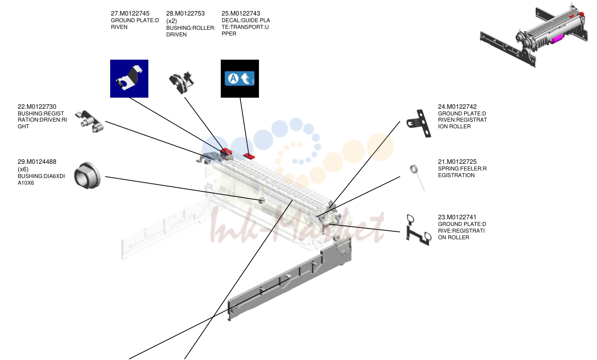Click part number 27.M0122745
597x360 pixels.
pyautogui.click(x=130, y=13)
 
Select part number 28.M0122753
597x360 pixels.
pyautogui.click(x=186, y=13)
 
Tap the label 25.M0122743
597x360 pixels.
pyautogui.click(x=241, y=13)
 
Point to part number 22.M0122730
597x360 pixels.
pyautogui.click(x=37, y=107)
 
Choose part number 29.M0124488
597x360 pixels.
pyautogui.click(x=37, y=162)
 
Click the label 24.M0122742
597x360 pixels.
pyautogui.click(x=458, y=107)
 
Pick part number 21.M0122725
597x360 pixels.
pyautogui.click(x=458, y=162)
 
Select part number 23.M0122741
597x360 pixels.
pyautogui.click(x=457, y=217)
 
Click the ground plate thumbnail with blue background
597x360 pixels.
pyautogui.click(x=129, y=79)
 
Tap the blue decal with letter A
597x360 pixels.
pyautogui.click(x=239, y=78)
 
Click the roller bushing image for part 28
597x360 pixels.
pyautogui.click(x=182, y=82)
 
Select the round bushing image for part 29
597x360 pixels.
pyautogui.click(x=87, y=175)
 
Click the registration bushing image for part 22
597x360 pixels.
pyautogui.click(x=89, y=122)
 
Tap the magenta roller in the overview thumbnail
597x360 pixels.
pyautogui.click(x=556, y=40)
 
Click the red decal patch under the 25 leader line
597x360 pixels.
pyautogui.click(x=249, y=156)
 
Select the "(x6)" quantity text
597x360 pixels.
pyautogui.click(x=23, y=169)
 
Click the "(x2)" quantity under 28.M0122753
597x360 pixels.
pyautogui.click(x=171, y=21)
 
